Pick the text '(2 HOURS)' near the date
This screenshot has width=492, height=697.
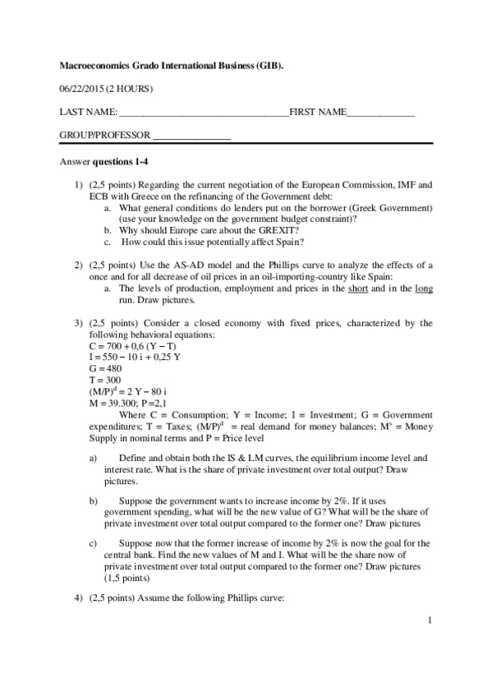130,87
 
